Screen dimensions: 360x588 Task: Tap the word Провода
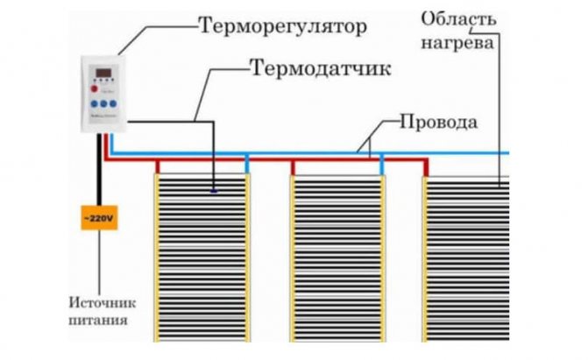438,122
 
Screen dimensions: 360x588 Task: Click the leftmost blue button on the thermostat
94,103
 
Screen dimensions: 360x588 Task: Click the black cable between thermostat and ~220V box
98,171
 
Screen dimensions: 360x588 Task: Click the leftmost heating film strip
202,263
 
